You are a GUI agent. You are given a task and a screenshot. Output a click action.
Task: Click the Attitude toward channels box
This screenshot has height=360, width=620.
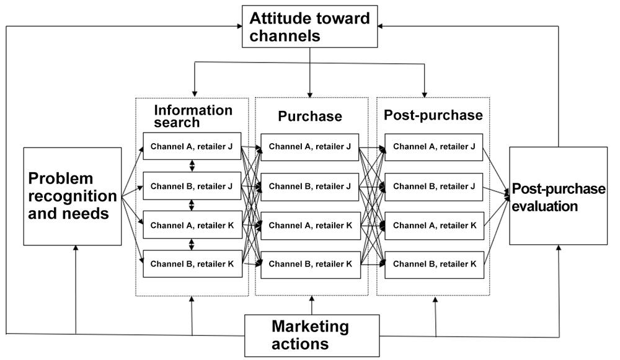pyautogui.click(x=309, y=27)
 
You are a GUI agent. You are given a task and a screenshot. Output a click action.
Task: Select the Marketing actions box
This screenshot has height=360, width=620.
pyautogui.click(x=312, y=335)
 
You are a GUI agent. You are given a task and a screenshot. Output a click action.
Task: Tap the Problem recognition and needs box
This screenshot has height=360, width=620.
pyautogui.click(x=73, y=196)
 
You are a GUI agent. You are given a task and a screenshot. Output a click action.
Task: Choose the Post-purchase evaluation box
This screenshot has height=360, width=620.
pyautogui.click(x=559, y=196)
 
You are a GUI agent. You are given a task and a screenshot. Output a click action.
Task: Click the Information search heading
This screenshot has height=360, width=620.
pyautogui.click(x=193, y=116)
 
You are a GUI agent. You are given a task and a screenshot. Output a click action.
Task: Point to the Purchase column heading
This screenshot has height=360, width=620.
pyautogui.click(x=310, y=116)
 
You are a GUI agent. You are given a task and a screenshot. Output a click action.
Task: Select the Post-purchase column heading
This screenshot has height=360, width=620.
pyautogui.click(x=433, y=115)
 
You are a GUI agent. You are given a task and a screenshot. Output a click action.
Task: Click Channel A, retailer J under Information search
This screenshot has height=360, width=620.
pyautogui.click(x=192, y=146)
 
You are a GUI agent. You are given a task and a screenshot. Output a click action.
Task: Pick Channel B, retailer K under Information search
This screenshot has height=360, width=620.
pyautogui.click(x=192, y=263)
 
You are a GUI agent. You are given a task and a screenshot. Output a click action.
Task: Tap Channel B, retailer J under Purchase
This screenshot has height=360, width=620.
pyautogui.click(x=309, y=187)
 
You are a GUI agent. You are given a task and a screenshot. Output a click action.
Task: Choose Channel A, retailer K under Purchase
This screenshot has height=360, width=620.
pyautogui.click(x=311, y=226)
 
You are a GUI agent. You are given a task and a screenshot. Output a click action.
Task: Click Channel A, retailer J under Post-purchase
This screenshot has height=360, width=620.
pyautogui.click(x=434, y=147)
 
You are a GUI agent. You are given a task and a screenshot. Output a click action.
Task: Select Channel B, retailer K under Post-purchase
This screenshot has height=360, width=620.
pyautogui.click(x=434, y=265)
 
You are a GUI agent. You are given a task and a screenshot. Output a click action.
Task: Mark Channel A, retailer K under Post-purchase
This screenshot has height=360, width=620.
pyautogui.click(x=434, y=226)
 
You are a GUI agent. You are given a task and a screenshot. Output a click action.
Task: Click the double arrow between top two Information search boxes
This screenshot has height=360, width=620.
pyautogui.click(x=192, y=165)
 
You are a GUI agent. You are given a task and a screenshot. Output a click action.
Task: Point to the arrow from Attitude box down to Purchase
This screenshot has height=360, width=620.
pyautogui.click(x=310, y=72)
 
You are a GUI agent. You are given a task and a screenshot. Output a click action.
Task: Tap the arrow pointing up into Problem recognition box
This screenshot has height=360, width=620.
pyautogui.click(x=76, y=289)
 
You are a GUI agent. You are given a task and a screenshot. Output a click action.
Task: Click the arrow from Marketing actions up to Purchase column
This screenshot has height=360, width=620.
pyautogui.click(x=312, y=305)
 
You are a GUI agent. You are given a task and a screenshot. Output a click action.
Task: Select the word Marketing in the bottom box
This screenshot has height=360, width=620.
pyautogui.click(x=311, y=327)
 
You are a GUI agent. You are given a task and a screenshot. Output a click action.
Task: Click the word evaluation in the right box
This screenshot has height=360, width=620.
pyautogui.click(x=545, y=206)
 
